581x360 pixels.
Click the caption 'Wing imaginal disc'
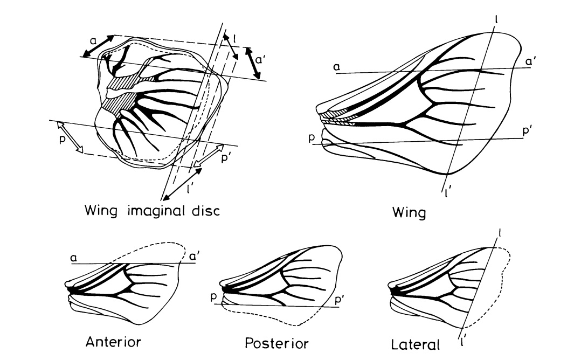click(152, 211)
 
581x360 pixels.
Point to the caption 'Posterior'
click(276, 343)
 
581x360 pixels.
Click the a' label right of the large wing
click(531, 62)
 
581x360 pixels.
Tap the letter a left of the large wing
click(336, 66)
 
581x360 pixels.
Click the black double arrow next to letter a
click(98, 46)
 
